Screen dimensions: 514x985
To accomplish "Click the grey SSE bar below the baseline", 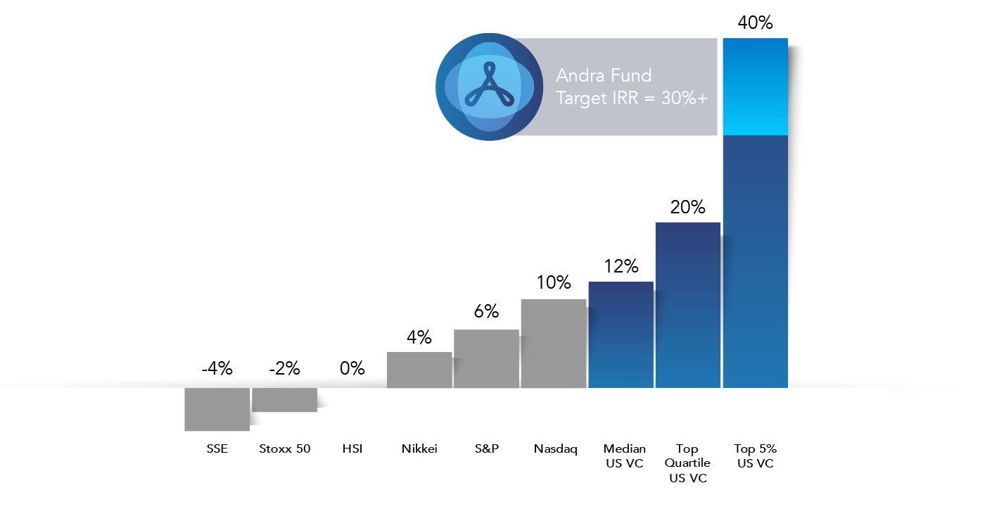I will [x=217, y=409].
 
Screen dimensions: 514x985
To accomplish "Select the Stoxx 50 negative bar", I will [x=284, y=400].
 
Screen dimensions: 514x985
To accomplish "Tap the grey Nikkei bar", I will [x=419, y=370].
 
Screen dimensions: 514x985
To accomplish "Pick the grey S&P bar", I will [x=486, y=358].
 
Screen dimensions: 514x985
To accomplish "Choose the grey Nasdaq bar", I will [x=554, y=344].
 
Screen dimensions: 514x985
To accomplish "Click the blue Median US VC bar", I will [x=621, y=335].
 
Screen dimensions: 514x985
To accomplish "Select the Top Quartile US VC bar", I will [x=688, y=305].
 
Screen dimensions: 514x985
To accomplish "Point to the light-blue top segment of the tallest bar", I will [x=755, y=86].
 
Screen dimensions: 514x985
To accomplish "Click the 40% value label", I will [x=755, y=23].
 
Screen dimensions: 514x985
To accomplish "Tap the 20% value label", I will [x=687, y=207].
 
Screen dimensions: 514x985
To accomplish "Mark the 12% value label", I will [x=621, y=266].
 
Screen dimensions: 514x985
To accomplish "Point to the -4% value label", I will [x=217, y=368].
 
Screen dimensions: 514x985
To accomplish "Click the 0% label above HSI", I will [x=352, y=368].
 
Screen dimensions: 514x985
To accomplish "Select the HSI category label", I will [x=352, y=449].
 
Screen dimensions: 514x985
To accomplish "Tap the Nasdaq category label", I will [x=555, y=449].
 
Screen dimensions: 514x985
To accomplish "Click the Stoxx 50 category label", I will [x=284, y=449].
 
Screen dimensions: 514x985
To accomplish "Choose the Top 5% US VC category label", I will [x=755, y=456].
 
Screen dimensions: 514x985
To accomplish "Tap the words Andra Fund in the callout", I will [x=604, y=75].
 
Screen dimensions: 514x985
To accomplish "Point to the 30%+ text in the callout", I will [x=684, y=99].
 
